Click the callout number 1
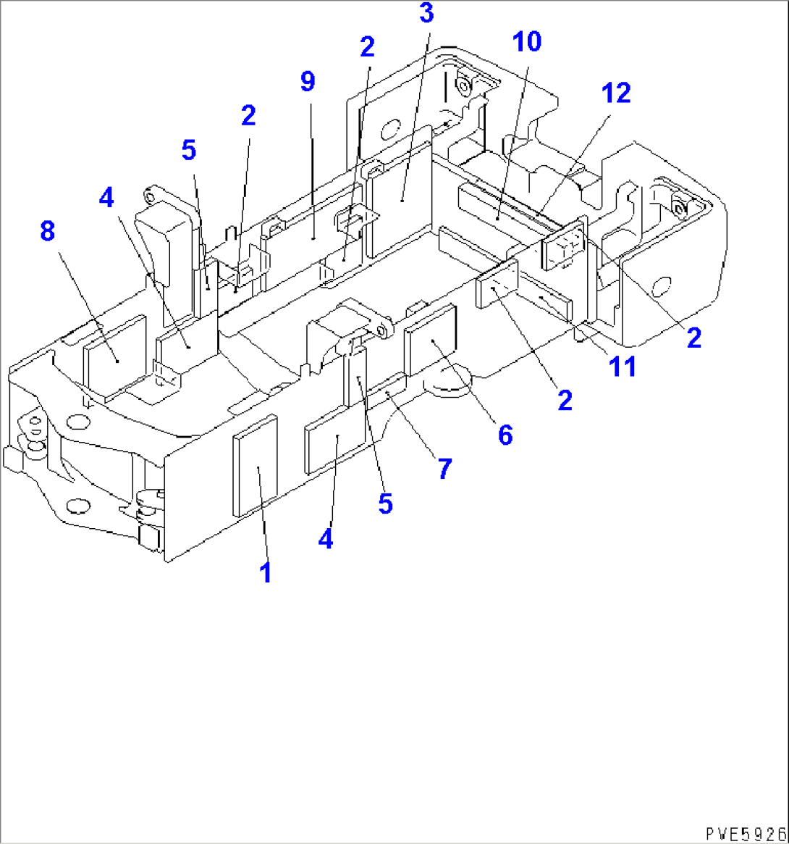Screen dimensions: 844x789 (x=266, y=572)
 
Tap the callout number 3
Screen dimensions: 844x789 (x=427, y=13)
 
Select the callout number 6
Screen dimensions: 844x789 (x=505, y=435)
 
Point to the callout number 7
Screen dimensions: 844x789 (x=444, y=469)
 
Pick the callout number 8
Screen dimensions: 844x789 (x=48, y=232)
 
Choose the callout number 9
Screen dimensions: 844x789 (x=308, y=82)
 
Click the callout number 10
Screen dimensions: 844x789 (x=528, y=42)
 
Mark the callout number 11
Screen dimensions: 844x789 (x=623, y=367)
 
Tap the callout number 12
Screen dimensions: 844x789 (x=615, y=93)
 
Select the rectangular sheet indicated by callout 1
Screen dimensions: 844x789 (x=255, y=466)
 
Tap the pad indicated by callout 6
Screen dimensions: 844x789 (x=431, y=339)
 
